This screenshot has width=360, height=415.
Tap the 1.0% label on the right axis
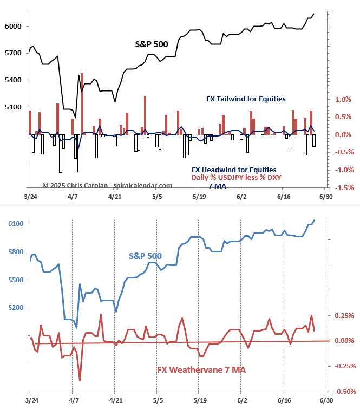[x=343, y=100]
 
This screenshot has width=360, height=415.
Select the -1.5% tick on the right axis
[x=344, y=188]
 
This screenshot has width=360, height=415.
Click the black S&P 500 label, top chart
[x=151, y=44]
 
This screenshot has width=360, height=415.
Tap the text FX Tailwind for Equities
[x=246, y=99]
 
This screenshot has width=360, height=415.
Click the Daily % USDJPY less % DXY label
[x=236, y=178]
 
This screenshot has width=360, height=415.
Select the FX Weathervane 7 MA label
[x=201, y=370]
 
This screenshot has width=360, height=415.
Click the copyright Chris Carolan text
[x=107, y=185]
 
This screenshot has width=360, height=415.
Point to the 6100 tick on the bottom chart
[x=12, y=224]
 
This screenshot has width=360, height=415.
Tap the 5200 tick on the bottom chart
[x=12, y=308]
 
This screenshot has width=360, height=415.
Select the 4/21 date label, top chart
[x=115, y=197]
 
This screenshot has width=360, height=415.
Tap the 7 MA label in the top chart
[x=218, y=186]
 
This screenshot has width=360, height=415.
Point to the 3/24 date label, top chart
[x=31, y=197]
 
